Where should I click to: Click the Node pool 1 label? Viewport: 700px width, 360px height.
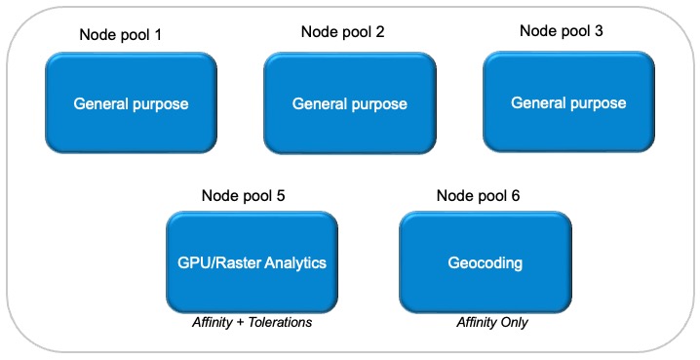(x=120, y=35)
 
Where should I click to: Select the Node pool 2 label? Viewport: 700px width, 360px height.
(x=342, y=31)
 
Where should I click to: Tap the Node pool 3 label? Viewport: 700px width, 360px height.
(x=561, y=30)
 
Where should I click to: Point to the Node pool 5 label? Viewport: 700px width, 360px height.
(x=243, y=195)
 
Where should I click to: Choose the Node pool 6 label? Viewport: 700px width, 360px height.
(x=478, y=195)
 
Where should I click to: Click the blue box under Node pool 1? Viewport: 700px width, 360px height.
(x=131, y=102)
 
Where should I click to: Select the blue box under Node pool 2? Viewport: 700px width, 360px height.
(x=349, y=103)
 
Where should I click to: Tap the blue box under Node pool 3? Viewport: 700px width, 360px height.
(x=568, y=101)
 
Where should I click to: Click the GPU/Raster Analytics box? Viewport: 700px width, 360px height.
(x=252, y=262)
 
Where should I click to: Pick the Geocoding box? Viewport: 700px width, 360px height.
(x=486, y=262)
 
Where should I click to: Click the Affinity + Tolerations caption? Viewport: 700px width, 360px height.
(x=252, y=322)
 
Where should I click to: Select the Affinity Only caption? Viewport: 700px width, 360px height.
(x=492, y=322)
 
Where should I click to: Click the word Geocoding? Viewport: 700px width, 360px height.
(x=486, y=262)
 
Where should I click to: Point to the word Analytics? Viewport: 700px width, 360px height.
(x=294, y=262)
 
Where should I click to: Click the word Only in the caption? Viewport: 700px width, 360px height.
(x=513, y=322)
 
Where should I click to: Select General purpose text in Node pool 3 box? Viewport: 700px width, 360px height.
(x=568, y=102)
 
